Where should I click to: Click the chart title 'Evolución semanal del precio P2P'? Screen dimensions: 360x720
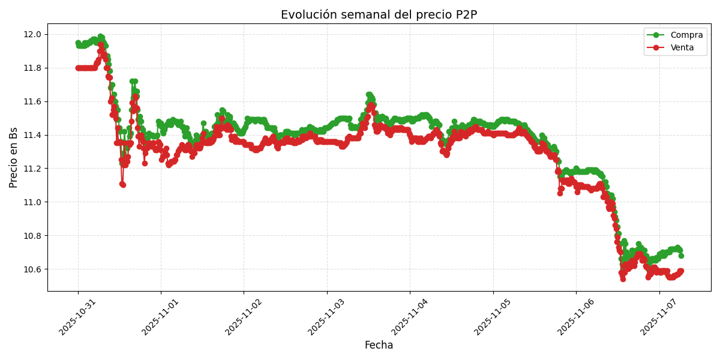[x=379, y=15]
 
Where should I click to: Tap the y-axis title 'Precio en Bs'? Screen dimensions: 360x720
[x=14, y=157]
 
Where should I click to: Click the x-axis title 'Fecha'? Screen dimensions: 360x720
[x=379, y=346]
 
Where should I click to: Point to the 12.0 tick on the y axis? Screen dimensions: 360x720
[x=33, y=34]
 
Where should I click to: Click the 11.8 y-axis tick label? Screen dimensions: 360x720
[x=33, y=68]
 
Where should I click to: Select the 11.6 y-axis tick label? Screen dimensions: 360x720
[x=33, y=101]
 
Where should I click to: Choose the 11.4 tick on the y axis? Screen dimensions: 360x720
[x=33, y=135]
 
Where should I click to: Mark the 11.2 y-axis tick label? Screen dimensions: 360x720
[x=33, y=169]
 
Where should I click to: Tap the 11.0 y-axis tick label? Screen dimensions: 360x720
[x=33, y=202]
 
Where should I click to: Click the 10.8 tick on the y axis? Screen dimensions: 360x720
[x=33, y=236]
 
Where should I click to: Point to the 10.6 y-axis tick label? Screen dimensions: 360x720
[x=33, y=269]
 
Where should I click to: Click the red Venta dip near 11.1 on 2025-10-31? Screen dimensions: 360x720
[x=122, y=184]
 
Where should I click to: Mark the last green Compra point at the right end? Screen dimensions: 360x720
[x=681, y=256]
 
